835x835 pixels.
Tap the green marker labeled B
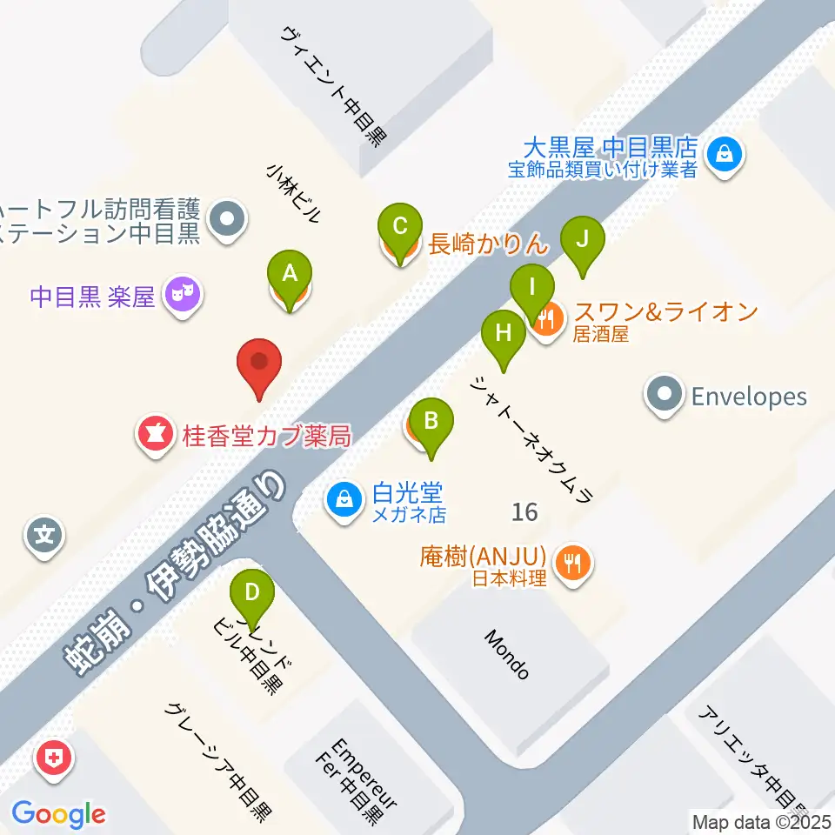[430, 421]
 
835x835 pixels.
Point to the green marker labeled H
[504, 333]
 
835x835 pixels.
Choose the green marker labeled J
[583, 239]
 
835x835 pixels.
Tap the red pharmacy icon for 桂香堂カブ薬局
[156, 432]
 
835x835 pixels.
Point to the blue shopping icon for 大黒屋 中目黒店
[723, 156]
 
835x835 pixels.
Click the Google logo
[58, 815]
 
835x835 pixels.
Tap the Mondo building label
[506, 655]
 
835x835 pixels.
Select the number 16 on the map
[524, 511]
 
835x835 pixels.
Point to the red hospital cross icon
[54, 758]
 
